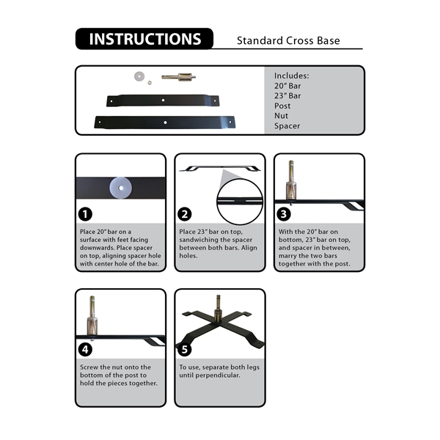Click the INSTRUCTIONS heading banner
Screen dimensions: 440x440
pyautogui.click(x=144, y=39)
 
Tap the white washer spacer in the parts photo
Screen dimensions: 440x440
pyautogui.click(x=138, y=75)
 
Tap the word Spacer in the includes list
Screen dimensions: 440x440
pyautogui.click(x=287, y=126)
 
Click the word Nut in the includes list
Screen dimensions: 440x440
pyautogui.click(x=282, y=116)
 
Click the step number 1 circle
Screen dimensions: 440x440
pyautogui.click(x=86, y=214)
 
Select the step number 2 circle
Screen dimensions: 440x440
pyautogui.click(x=186, y=214)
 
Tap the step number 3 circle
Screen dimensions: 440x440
pyautogui.click(x=285, y=214)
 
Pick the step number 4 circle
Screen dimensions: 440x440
pyautogui.click(x=86, y=349)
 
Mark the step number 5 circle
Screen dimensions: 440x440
pyautogui.click(x=186, y=349)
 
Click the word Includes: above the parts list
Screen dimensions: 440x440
pyautogui.click(x=292, y=75)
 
